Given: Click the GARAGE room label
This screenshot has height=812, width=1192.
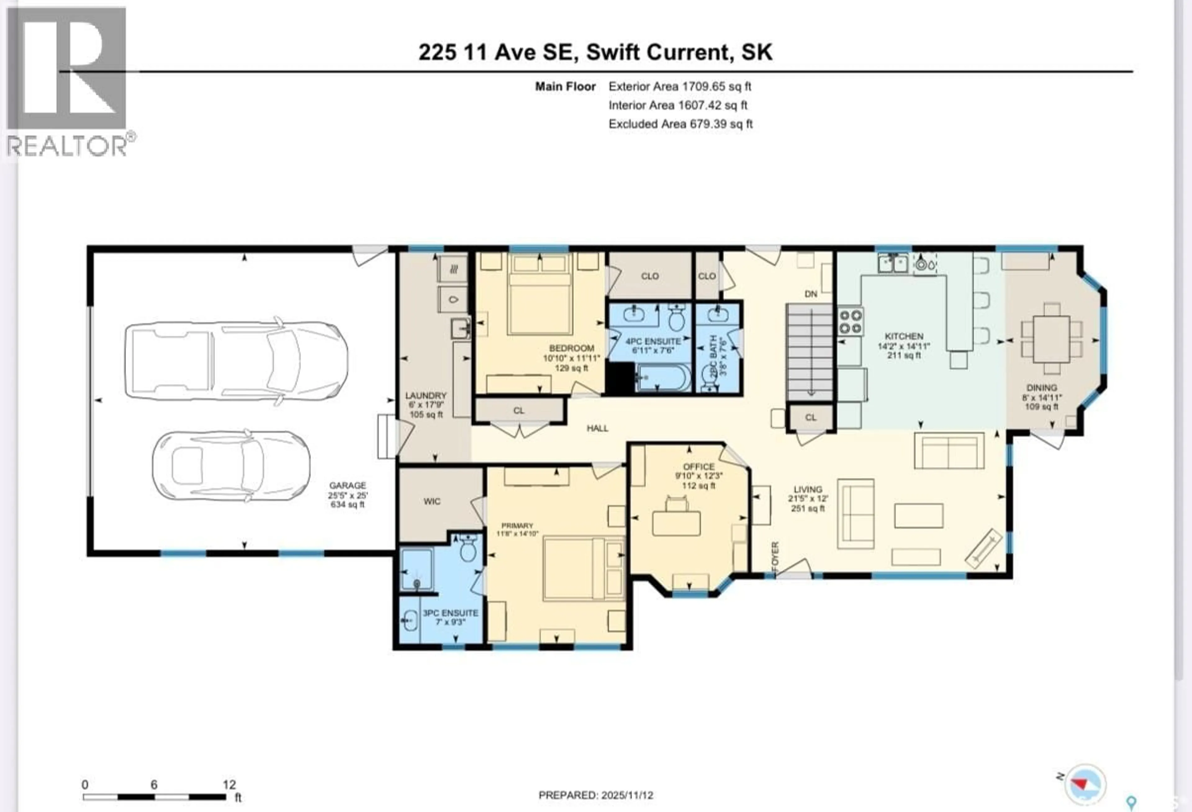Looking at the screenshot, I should click(x=347, y=485).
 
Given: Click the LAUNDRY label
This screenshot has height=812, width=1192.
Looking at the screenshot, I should click(x=426, y=396).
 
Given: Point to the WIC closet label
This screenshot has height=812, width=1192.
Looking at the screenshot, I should click(x=432, y=501).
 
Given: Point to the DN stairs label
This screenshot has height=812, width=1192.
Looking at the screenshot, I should click(x=810, y=294).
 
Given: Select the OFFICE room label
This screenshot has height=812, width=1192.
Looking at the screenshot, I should click(x=698, y=466).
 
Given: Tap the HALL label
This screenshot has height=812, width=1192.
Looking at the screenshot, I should click(x=598, y=428).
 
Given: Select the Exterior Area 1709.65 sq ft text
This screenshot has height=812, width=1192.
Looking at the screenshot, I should click(x=680, y=86).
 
